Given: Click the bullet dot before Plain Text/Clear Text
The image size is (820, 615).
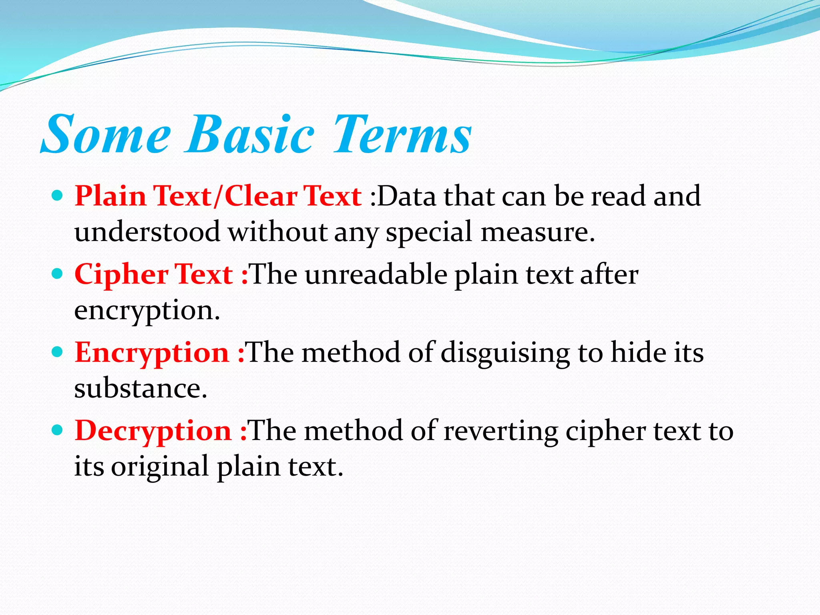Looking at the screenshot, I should click(58, 196).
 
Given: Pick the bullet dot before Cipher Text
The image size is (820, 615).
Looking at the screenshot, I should click(58, 274).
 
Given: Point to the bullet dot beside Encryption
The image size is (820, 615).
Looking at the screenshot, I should click(58, 352).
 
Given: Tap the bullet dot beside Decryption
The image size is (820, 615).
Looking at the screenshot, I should click(58, 430).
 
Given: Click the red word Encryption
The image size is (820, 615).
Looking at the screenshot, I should click(152, 353).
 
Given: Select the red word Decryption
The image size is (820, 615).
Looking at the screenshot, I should click(153, 431).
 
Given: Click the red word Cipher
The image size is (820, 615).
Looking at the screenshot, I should click(121, 275).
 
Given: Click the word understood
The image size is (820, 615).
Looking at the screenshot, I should click(147, 232).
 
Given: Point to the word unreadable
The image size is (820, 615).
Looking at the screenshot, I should click(376, 275).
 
